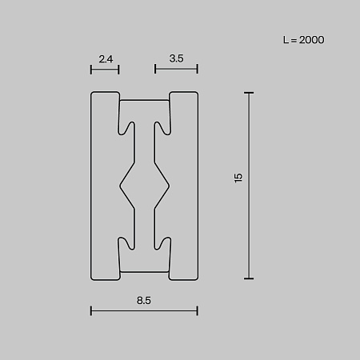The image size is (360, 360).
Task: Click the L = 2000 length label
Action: click(303, 40)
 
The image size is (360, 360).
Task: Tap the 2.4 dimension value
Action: click(106, 59)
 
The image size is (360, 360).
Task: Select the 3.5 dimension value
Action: click(176, 58)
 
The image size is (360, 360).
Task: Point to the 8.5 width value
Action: click(144, 301)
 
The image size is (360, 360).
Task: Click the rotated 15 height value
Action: click(238, 178)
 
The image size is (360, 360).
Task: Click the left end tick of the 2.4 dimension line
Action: click(91, 70)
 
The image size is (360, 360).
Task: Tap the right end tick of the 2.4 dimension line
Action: click(118, 70)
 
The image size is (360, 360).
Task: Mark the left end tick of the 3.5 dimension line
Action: click(155, 69)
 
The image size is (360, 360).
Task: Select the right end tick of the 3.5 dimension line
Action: click(198, 69)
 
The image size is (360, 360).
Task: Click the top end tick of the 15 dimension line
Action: click(249, 93)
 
